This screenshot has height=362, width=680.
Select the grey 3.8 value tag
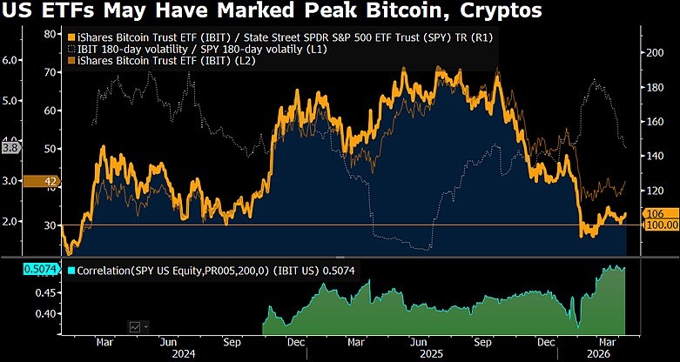pos(10,148)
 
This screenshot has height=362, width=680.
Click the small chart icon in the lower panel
pos(136,326)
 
